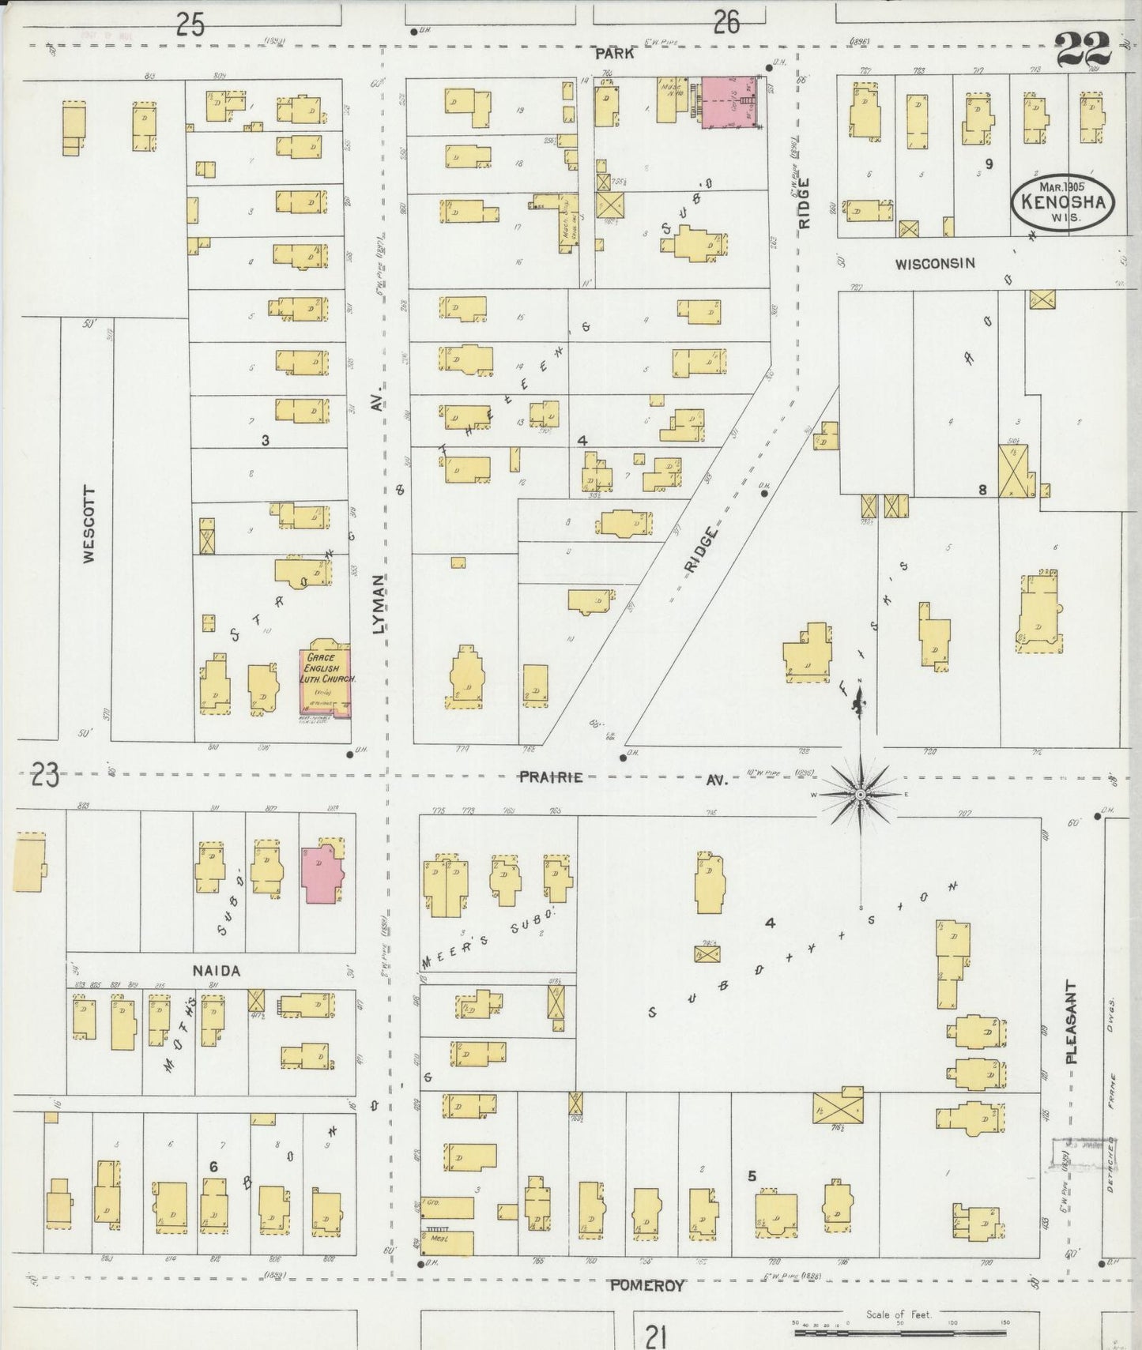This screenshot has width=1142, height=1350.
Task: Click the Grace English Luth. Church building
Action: tap(325, 681)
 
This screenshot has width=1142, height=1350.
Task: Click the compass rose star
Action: tap(860, 794)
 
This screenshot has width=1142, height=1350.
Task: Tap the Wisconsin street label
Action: tap(934, 264)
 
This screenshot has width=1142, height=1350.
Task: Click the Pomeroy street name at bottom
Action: tap(646, 1285)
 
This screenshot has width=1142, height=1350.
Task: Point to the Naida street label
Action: tap(216, 971)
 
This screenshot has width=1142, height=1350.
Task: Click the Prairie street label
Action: tap(551, 777)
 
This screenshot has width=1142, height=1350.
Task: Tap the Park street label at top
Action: tap(614, 54)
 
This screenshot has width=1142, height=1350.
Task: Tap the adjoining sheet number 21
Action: tap(654, 1337)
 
